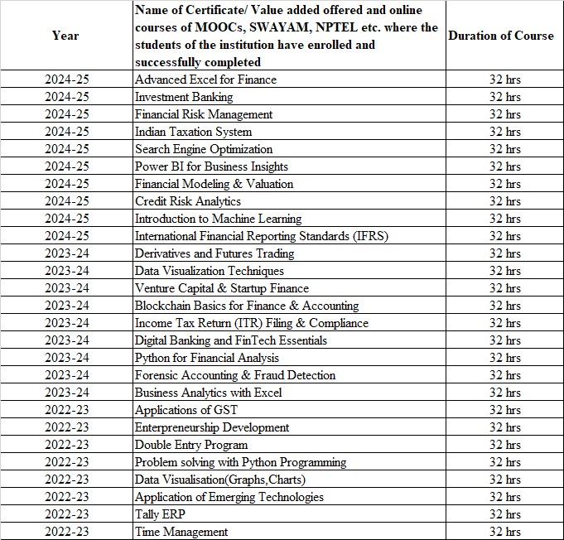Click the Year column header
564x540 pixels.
click(x=65, y=36)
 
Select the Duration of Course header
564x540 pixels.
click(x=501, y=36)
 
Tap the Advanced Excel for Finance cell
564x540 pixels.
click(x=205, y=80)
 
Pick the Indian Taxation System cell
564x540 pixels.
click(x=193, y=132)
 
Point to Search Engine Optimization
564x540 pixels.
click(x=204, y=149)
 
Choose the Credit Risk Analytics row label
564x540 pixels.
click(x=188, y=201)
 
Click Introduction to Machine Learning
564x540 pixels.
click(x=218, y=219)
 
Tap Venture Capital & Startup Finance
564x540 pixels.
click(x=222, y=288)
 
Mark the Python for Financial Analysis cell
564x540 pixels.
click(x=207, y=358)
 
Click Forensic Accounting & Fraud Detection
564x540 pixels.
click(x=235, y=375)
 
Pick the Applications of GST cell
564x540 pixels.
click(x=183, y=410)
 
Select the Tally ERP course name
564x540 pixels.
click(x=160, y=514)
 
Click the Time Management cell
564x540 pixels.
click(x=181, y=532)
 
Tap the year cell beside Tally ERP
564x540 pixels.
click(x=65, y=514)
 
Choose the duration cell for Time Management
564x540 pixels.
click(x=504, y=532)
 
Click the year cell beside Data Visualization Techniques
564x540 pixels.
click(x=65, y=271)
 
